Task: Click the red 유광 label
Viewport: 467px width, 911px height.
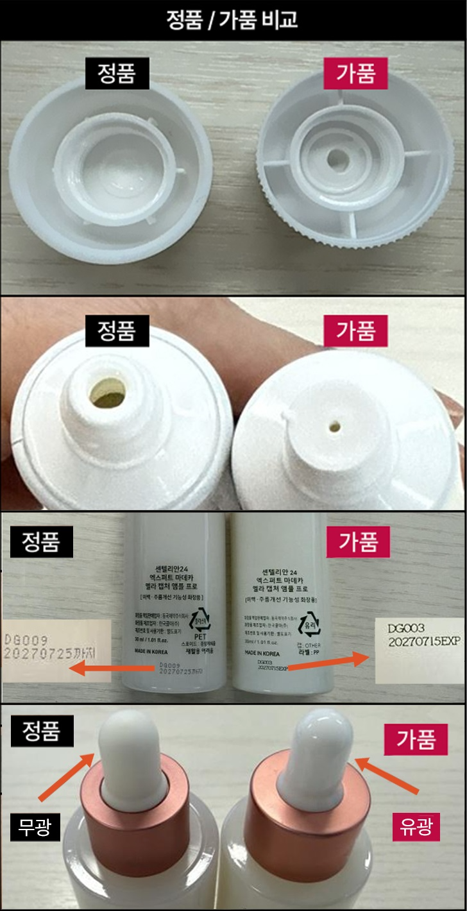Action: (x=416, y=828)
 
